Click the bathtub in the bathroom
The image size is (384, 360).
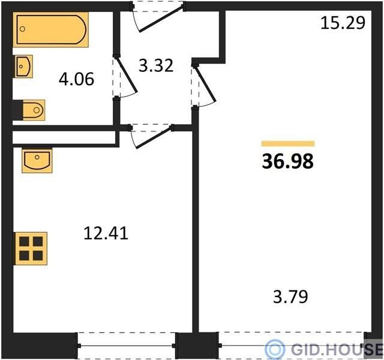pos(50,29)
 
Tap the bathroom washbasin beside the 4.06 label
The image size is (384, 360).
pos(24,67)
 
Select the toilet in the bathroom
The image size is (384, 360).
pos(34,110)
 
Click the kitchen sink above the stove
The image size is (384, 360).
pos(37,160)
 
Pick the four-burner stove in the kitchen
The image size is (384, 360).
pos(31,248)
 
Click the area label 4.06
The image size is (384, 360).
pos(76,79)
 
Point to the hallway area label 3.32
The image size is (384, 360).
pos(156,65)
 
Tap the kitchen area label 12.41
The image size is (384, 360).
pos(106,233)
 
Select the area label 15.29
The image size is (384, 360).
pos(343,23)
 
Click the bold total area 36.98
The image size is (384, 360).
pos(288,161)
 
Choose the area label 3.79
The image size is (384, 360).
pos(290,296)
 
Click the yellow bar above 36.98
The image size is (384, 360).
pos(288,143)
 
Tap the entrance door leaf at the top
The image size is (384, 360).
pos(161,19)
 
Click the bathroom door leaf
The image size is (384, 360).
pos(127,75)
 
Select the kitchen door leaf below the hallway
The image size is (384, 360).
pos(154,137)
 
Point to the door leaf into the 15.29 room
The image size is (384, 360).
pos(205,84)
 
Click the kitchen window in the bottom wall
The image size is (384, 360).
pos(127,346)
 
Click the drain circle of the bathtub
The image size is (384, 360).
pos(22,29)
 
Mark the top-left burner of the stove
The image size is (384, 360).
pos(24,241)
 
